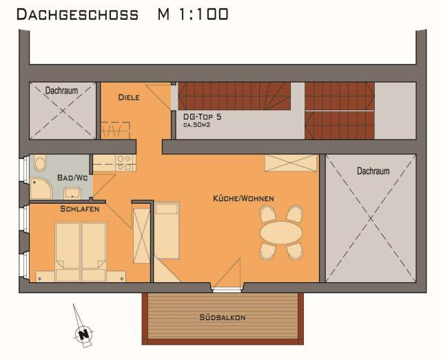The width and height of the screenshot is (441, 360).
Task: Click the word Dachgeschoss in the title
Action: coord(78,14)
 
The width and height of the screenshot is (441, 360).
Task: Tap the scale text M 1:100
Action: coord(193,14)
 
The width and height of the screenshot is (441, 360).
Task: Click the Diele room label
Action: coord(129,98)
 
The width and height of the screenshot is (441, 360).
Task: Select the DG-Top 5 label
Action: coord(202,117)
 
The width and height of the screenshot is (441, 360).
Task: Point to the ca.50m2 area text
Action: coord(197,125)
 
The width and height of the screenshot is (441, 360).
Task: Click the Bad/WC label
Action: coord(72,178)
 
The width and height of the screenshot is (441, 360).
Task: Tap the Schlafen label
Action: coord(80,209)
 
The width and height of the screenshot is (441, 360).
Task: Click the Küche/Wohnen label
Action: coord(243,199)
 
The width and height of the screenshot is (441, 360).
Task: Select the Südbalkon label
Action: coord(223,317)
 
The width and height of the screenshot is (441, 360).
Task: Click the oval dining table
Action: coord(281,233)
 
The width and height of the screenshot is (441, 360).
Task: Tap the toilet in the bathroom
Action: coord(40,162)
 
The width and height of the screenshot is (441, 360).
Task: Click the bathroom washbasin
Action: coord(72,193)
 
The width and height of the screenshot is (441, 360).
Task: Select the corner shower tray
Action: coord(41,189)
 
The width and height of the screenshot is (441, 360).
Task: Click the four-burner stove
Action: coord(125,163)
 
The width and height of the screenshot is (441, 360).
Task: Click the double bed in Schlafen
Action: coord(81,252)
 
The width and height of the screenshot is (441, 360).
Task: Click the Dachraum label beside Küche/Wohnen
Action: coord(373,171)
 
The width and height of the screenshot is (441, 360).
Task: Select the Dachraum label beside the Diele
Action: coord(61,90)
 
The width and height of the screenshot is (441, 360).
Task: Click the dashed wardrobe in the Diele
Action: coord(115,130)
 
